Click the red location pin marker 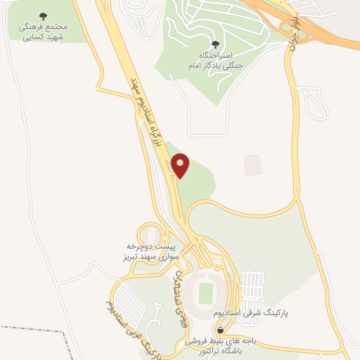(x=181, y=165)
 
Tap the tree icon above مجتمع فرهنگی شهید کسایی (x=44, y=15)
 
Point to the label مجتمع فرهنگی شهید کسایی (x=44, y=32)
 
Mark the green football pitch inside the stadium (x=206, y=292)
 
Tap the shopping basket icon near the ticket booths (x=221, y=329)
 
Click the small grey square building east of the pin (x=252, y=165)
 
